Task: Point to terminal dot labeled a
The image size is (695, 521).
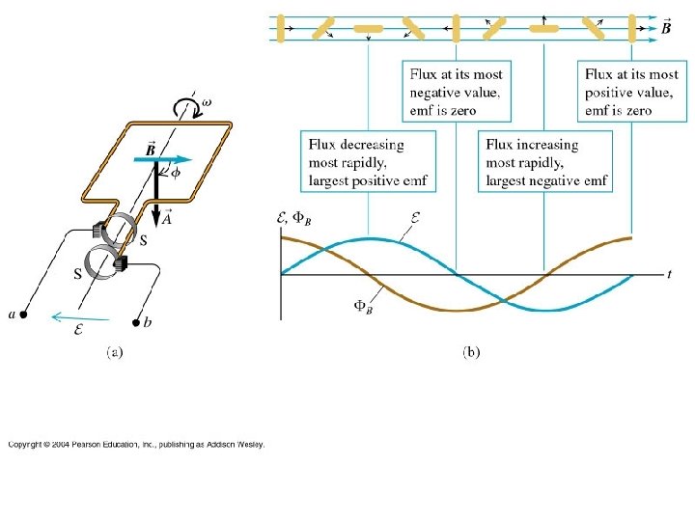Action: tap(25, 315)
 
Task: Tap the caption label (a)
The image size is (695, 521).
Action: tap(113, 353)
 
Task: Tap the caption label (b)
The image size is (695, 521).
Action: tap(470, 353)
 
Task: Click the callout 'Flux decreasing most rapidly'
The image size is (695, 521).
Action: tap(367, 162)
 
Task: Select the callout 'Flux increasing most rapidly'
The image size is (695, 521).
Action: tap(546, 162)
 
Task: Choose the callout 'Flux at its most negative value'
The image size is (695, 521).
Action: tap(457, 92)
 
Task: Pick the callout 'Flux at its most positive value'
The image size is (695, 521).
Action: tap(631, 92)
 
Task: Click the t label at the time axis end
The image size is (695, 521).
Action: tap(668, 275)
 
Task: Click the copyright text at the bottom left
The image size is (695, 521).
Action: tap(136, 444)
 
